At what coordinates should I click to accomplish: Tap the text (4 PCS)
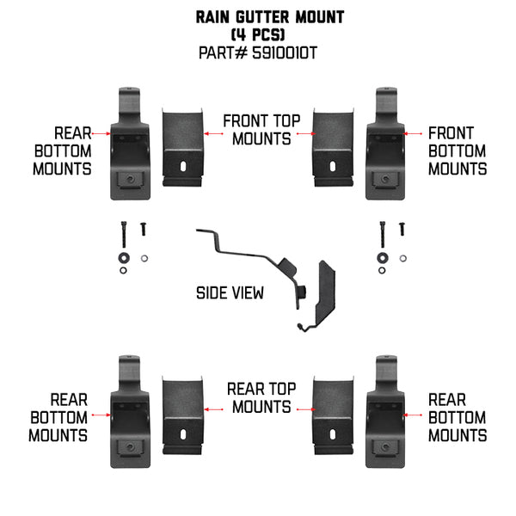(x=258, y=34)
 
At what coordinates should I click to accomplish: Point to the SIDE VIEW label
(x=230, y=293)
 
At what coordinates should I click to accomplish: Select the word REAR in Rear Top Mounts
(x=244, y=389)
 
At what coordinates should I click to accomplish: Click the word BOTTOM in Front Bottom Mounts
(x=458, y=151)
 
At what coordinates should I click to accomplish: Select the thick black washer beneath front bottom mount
(x=380, y=257)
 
